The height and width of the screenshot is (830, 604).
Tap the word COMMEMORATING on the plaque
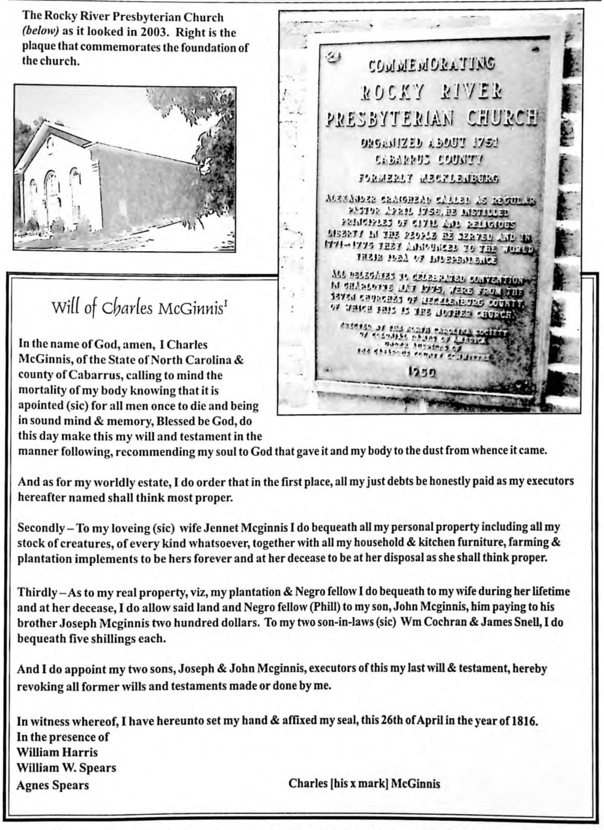431,66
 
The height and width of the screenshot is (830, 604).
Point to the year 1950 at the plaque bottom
422,373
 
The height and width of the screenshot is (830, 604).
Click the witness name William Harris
57,752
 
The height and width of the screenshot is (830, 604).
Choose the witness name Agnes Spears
53,785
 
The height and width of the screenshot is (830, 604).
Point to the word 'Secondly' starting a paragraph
41,528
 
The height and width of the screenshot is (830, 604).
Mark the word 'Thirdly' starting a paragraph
37,591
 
